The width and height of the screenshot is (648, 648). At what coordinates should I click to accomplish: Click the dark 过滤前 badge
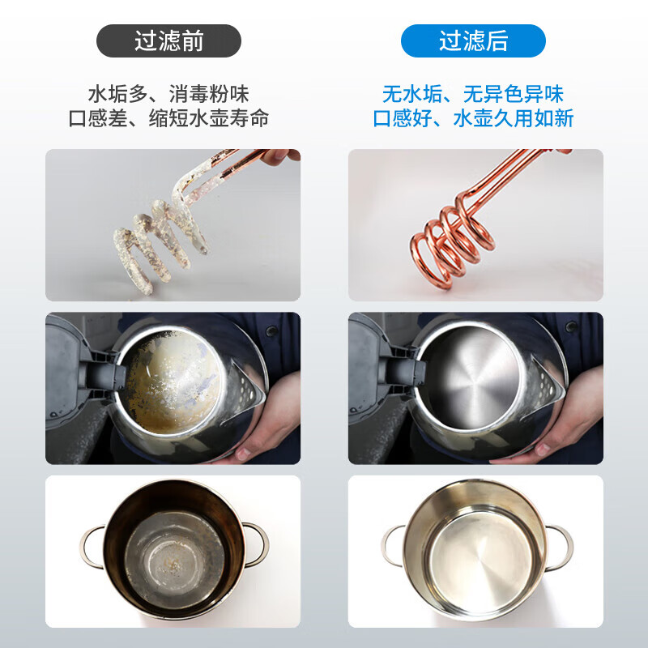(x=168, y=40)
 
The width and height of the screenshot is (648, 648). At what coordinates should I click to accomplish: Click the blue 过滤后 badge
(x=473, y=40)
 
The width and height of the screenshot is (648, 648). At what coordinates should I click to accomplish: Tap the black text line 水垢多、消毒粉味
(x=168, y=94)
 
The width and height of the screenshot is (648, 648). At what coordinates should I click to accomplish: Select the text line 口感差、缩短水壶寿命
(x=168, y=118)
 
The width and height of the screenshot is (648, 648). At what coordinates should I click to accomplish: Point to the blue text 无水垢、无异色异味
(x=473, y=94)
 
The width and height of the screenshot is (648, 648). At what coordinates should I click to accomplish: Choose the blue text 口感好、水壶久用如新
(x=473, y=118)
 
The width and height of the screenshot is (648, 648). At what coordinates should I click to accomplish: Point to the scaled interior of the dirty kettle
(x=172, y=382)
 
